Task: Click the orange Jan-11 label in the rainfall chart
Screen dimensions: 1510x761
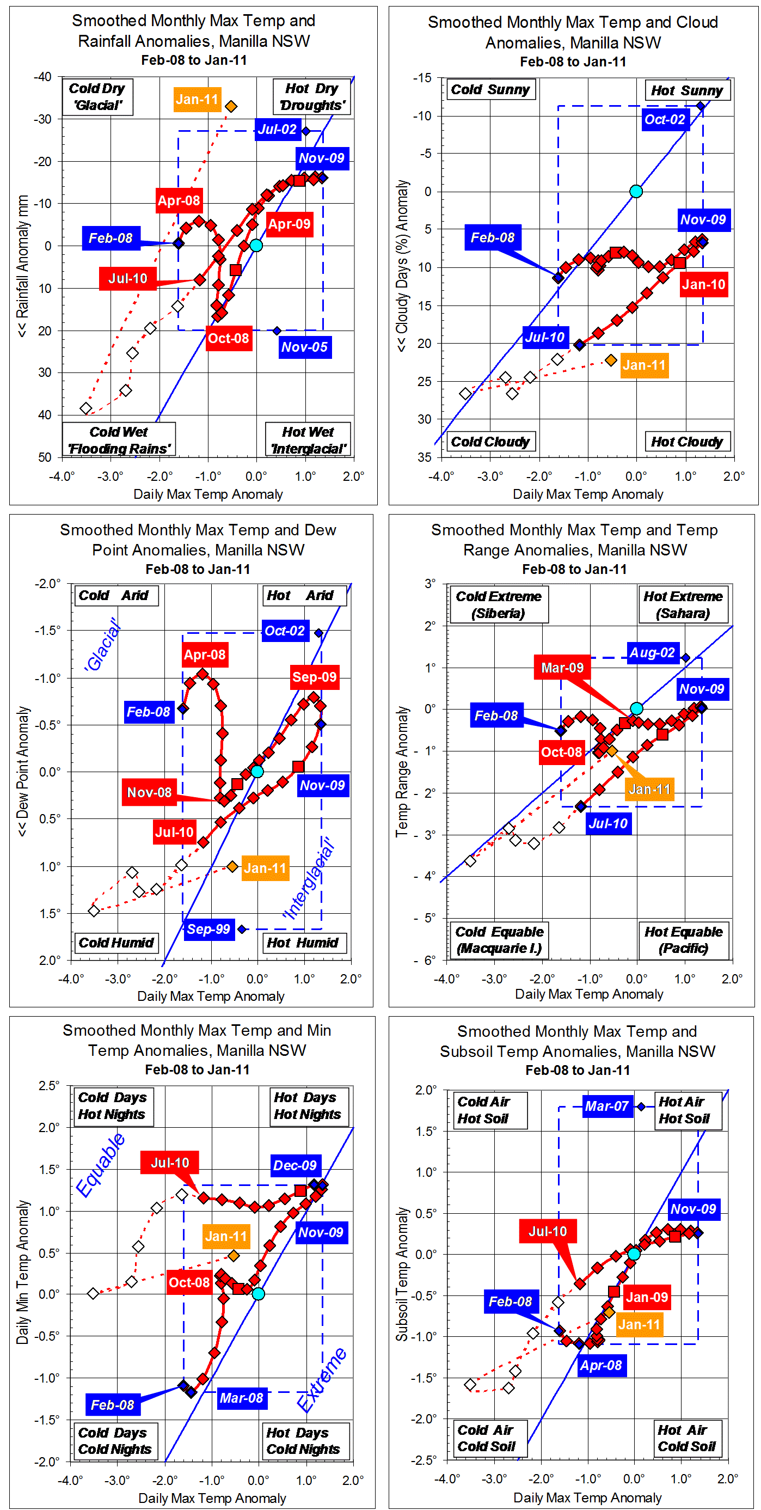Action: point(197,100)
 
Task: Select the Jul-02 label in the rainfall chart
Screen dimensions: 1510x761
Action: point(277,130)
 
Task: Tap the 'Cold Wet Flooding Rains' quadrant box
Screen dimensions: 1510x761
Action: point(119,439)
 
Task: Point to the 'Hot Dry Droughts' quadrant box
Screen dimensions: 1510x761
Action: point(312,97)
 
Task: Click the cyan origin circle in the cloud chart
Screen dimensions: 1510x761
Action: point(636,191)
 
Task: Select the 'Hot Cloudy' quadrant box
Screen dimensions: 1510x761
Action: point(686,442)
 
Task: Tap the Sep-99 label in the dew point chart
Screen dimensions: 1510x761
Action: point(208,928)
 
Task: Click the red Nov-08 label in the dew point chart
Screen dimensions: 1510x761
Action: point(149,792)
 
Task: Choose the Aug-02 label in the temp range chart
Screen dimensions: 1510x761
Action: point(652,652)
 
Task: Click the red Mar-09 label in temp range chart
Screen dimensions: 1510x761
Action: point(562,667)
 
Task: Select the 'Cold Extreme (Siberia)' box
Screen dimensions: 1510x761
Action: point(499,604)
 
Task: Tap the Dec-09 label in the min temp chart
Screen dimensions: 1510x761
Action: point(294,1165)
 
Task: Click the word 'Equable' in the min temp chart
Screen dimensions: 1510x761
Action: point(100,1164)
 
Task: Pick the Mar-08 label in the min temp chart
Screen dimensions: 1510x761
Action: point(241,1397)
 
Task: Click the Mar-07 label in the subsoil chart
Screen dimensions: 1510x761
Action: point(606,1106)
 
